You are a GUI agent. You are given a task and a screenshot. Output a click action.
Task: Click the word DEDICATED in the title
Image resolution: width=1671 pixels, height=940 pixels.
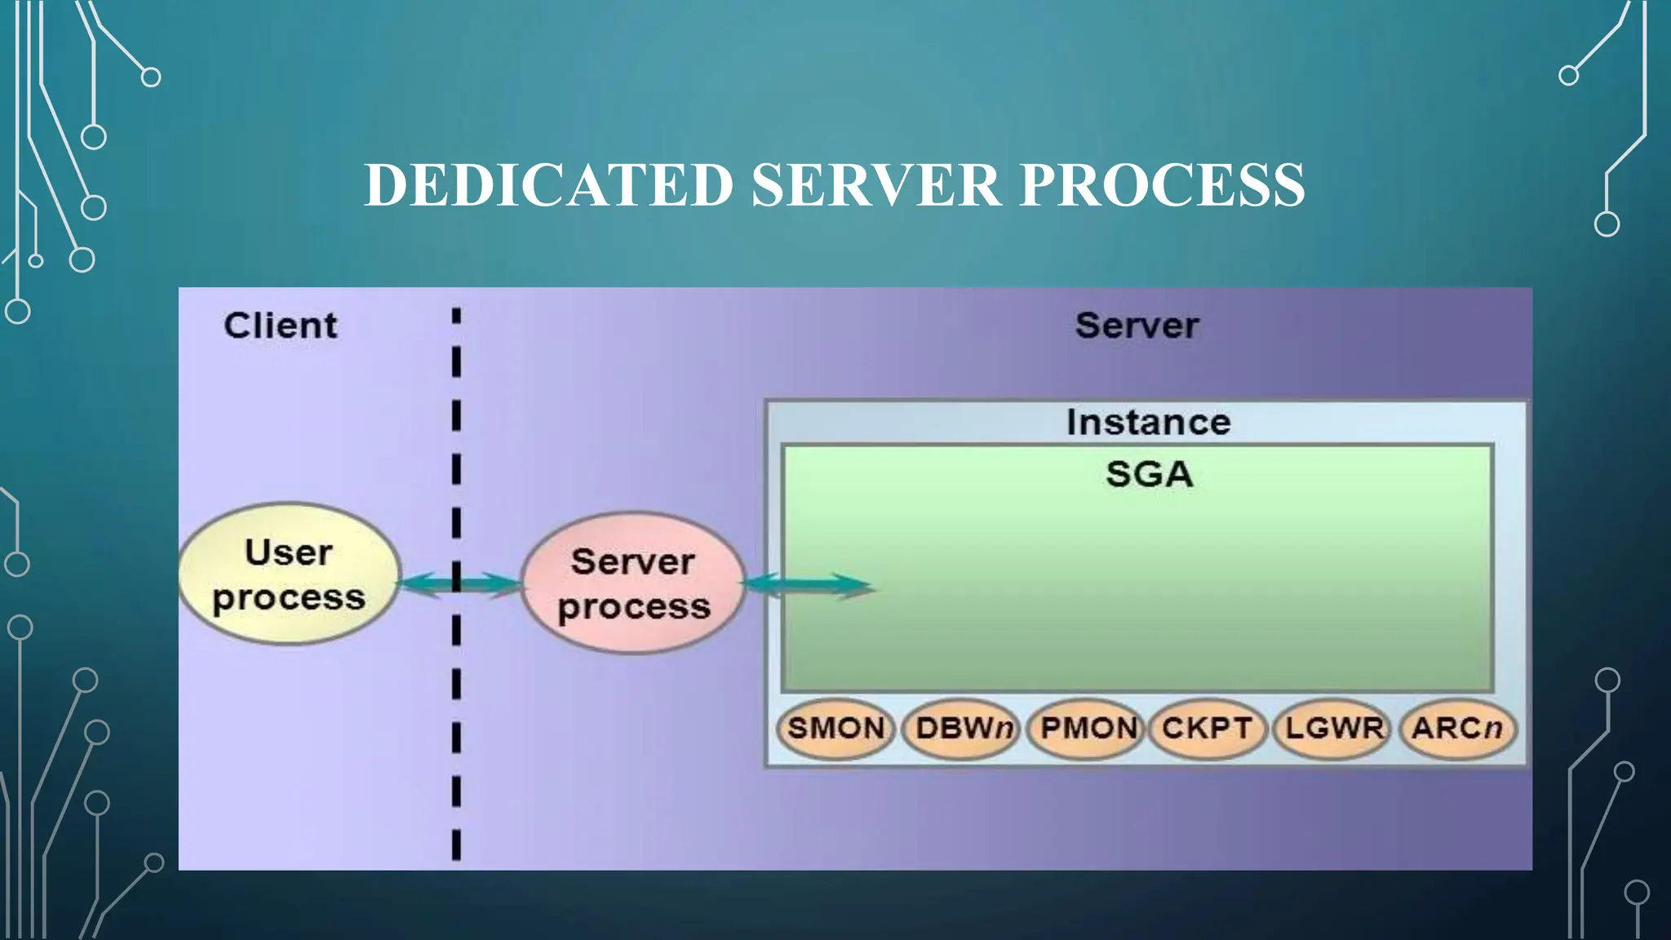(548, 184)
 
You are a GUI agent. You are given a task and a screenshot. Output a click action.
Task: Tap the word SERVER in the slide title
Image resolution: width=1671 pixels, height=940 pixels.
(875, 184)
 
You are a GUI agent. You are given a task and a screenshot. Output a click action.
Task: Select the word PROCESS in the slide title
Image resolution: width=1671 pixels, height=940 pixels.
(1163, 184)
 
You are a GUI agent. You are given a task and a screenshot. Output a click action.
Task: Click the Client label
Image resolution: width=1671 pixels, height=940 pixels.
(280, 326)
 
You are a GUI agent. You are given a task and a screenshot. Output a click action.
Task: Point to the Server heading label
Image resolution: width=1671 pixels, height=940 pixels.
(1137, 326)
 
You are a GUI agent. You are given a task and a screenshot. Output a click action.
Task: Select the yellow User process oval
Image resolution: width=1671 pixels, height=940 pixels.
(289, 574)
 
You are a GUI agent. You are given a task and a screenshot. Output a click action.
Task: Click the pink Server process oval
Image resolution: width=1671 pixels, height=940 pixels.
(633, 583)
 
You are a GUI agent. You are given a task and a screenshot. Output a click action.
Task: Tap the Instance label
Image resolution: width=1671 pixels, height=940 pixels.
(1148, 422)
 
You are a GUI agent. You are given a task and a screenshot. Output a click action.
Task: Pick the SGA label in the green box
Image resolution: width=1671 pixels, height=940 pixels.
(1149, 474)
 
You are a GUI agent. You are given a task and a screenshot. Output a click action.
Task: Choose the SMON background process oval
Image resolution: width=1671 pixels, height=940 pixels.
(836, 728)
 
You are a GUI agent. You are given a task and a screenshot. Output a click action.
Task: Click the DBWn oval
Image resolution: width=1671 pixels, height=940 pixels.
(963, 728)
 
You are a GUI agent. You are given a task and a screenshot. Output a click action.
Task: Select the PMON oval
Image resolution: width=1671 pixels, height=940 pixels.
(1088, 728)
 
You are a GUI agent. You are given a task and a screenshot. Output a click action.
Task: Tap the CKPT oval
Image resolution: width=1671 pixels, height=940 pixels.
(1207, 728)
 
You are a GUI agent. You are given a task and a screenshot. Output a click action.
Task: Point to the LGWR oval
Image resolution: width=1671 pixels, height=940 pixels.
(1334, 728)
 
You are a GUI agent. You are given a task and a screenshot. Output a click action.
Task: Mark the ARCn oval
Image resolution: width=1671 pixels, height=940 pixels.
(1457, 728)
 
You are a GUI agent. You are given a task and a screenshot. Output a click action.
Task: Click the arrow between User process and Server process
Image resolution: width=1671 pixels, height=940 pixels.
(459, 584)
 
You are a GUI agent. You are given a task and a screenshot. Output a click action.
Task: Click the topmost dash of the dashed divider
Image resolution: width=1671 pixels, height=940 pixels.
(456, 316)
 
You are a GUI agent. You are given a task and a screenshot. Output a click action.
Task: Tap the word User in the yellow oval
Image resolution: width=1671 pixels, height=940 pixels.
(288, 552)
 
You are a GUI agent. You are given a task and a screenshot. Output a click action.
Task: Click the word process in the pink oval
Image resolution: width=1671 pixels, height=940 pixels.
(634, 607)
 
